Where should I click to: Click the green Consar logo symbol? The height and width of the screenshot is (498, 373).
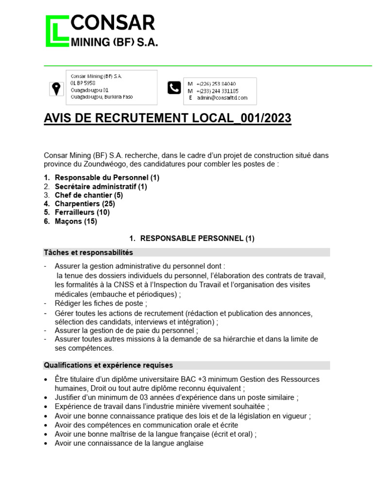[x=57, y=31]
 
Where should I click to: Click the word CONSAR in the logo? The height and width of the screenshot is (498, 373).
[x=113, y=23]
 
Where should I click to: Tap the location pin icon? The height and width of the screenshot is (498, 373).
[x=56, y=89]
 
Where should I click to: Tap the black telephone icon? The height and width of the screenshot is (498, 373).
[x=174, y=88]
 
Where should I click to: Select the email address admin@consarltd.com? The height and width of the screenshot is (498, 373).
[x=222, y=98]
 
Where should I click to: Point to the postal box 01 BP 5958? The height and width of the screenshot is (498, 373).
[x=83, y=83]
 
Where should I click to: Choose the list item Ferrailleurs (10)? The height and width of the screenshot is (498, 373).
[x=82, y=213]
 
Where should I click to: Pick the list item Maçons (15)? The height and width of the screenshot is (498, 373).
[x=76, y=221]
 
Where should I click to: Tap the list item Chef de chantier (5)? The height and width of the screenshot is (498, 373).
[x=88, y=195]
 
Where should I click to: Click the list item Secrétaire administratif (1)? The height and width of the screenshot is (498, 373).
[x=101, y=186]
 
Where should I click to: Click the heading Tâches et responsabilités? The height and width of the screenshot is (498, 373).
[x=88, y=252]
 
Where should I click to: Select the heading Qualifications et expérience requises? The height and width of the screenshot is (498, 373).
[x=108, y=365]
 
